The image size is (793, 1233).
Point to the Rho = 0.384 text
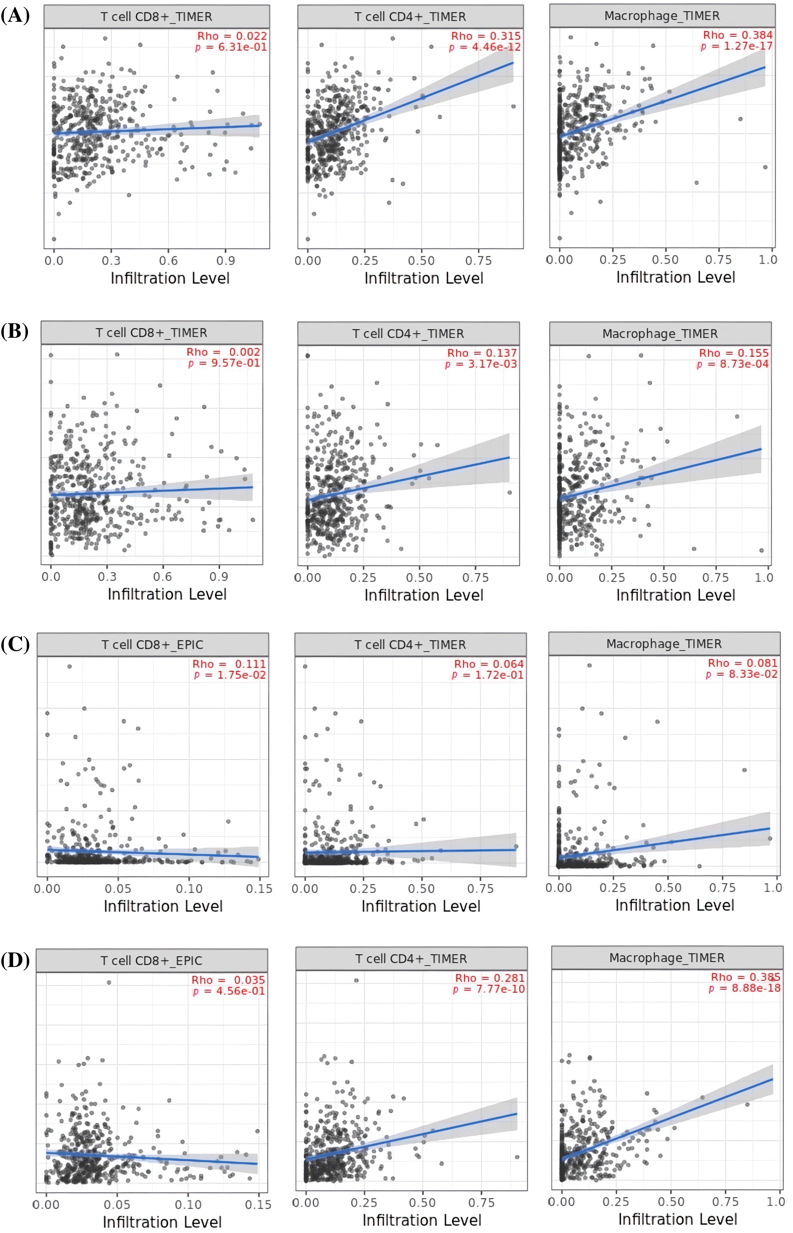click(738, 35)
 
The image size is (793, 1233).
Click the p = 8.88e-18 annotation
click(745, 988)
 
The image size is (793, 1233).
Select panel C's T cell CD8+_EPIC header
click(152, 644)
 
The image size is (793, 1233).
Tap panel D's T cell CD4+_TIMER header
click(411, 959)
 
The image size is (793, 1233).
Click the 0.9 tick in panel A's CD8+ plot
click(226, 261)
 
